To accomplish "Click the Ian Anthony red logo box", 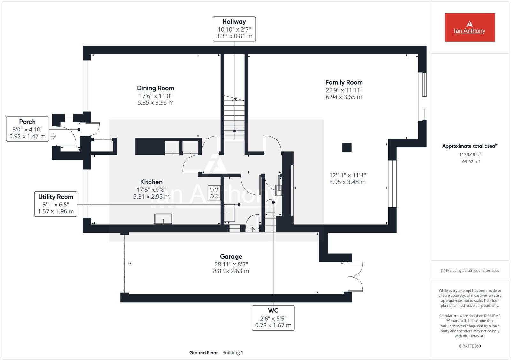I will coord(469,27).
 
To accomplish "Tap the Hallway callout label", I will coord(234,29).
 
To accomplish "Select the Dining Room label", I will coord(156,88).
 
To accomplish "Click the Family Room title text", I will coord(344,82).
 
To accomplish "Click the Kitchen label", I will coord(151,182).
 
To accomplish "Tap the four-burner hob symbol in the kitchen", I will coord(214,193).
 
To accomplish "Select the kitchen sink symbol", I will coord(163,219).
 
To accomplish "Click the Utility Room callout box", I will coord(56,204).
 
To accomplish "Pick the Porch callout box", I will coord(27,129).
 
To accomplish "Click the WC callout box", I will coord(273,318).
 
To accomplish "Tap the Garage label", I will coord(231,257).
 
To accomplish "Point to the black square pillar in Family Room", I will coord(347,147).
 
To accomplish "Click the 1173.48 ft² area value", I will coord(469,154).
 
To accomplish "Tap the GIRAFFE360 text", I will coord(469,346).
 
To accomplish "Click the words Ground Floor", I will coord(203,353).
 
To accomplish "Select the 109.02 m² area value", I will coord(469,162).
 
